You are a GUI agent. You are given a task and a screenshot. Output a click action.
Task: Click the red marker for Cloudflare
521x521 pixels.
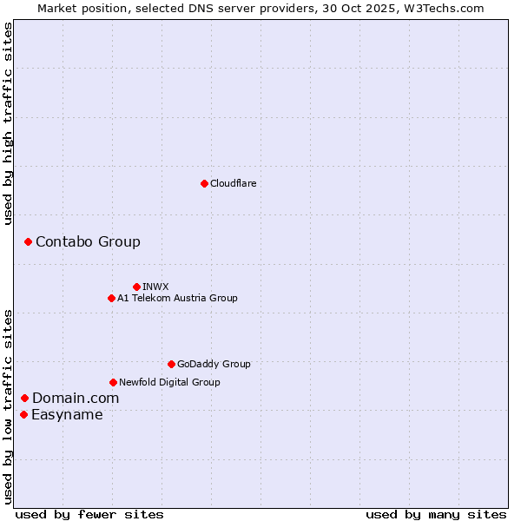[x=204, y=183]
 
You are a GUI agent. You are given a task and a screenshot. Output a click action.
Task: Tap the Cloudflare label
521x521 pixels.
[x=233, y=183]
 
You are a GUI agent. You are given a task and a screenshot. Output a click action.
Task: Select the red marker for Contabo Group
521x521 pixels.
[x=28, y=241]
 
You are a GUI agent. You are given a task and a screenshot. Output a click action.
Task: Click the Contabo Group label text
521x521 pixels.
[x=88, y=241]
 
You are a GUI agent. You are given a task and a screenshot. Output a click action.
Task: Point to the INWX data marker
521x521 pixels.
[x=136, y=287]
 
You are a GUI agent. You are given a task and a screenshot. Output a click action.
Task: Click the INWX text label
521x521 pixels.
[x=155, y=287]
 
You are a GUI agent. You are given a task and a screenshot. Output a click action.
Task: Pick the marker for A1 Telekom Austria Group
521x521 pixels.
[x=111, y=298]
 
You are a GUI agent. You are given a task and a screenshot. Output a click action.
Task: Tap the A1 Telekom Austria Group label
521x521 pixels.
[x=177, y=298]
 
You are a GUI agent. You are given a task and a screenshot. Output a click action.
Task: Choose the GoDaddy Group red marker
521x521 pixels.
[x=171, y=364]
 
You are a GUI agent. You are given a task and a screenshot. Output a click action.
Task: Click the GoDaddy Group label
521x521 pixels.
[x=213, y=364]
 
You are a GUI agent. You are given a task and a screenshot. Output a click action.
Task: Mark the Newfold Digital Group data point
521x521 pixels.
[x=113, y=382]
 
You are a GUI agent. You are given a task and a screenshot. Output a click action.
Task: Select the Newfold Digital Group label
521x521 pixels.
[x=169, y=382]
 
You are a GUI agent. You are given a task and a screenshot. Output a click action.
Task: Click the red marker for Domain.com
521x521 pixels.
[x=24, y=398]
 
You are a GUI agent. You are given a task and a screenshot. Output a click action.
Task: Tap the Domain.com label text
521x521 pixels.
[x=76, y=398]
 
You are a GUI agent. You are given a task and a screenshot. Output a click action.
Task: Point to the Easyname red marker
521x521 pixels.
[x=23, y=414]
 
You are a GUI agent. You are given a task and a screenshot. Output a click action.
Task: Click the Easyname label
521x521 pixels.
[x=67, y=414]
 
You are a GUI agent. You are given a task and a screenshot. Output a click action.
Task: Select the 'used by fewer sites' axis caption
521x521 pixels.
[x=89, y=514]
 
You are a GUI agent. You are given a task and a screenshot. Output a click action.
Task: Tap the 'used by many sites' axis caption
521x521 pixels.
[x=436, y=514]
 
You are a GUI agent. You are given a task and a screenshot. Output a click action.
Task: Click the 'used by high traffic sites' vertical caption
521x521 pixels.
[x=9, y=123]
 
